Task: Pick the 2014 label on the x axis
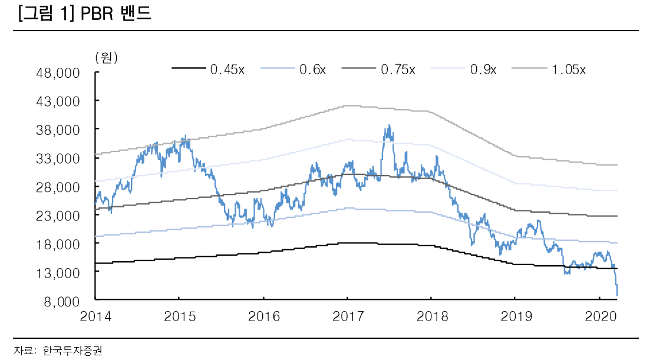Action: pyautogui.click(x=95, y=316)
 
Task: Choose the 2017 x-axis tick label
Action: pyautogui.click(x=347, y=316)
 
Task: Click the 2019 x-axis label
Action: pyautogui.click(x=515, y=316)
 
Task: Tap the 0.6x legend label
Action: pyautogui.click(x=312, y=70)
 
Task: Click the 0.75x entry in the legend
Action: pyautogui.click(x=398, y=70)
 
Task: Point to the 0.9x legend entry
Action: pyautogui.click(x=483, y=70)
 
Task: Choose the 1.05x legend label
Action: pyautogui.click(x=569, y=70)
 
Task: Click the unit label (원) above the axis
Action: pyautogui.click(x=106, y=57)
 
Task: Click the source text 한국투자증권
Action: pyautogui.click(x=68, y=350)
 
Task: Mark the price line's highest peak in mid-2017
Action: pyautogui.click(x=389, y=125)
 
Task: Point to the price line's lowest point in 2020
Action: pyautogui.click(x=617, y=295)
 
